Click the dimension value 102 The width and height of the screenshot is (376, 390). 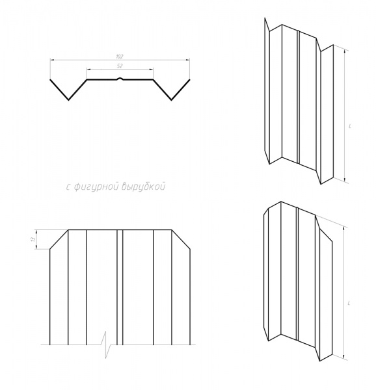(120, 57)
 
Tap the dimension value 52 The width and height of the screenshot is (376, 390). (120, 66)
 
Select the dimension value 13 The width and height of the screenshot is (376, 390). (33, 239)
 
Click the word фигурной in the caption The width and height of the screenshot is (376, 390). (96, 187)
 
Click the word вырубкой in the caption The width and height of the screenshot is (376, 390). (143, 187)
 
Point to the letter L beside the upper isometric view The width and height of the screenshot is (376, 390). (350, 126)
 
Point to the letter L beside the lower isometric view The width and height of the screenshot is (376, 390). (349, 303)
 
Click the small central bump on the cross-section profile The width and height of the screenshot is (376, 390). (120, 79)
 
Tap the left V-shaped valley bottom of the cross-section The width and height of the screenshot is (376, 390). (69, 99)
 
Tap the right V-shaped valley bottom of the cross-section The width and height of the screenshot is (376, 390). (172, 99)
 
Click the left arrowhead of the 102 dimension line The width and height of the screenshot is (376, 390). (52, 60)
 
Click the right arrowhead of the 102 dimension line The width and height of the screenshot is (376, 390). (187, 60)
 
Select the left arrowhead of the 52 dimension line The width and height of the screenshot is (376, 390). (89, 70)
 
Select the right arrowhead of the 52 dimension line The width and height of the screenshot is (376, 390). (151, 70)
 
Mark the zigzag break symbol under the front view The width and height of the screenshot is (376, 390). (107, 344)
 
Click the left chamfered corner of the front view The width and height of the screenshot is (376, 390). (59, 239)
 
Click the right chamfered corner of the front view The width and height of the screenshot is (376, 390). (181, 239)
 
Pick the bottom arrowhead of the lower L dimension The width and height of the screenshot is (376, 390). (343, 357)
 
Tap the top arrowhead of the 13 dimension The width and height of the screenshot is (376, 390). (36, 231)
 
